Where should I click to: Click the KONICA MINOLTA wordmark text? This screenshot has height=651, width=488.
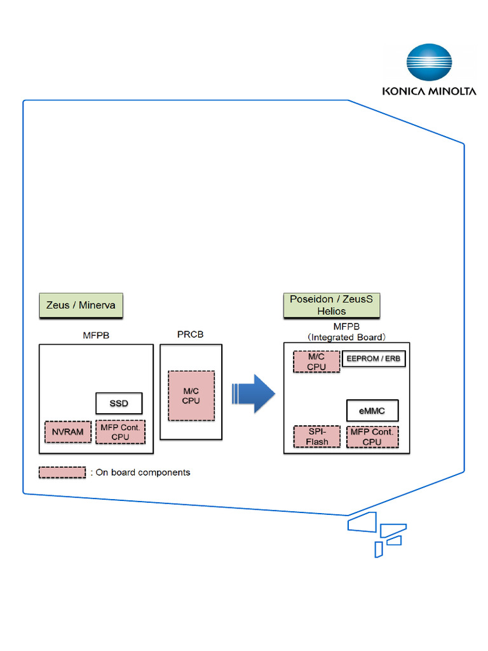click(x=429, y=92)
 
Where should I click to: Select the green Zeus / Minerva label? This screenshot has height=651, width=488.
click(x=81, y=305)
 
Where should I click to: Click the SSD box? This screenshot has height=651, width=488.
click(x=118, y=404)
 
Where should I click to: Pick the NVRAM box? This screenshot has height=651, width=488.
click(x=67, y=432)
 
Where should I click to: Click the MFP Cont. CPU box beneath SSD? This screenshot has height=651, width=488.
click(x=120, y=432)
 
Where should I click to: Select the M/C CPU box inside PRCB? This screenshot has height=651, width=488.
click(x=191, y=395)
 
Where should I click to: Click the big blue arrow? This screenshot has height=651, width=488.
click(x=254, y=394)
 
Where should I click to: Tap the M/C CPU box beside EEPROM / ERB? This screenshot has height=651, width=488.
click(x=316, y=362)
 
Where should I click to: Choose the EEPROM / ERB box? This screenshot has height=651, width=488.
click(x=374, y=359)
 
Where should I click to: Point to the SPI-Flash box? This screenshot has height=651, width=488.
click(x=316, y=436)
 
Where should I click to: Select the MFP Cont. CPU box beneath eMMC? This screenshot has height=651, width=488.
click(x=373, y=436)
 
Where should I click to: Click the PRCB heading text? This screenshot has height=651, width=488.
click(x=190, y=334)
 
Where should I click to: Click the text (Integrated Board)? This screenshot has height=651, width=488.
click(x=347, y=337)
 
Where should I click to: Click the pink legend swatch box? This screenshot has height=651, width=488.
click(x=62, y=472)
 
